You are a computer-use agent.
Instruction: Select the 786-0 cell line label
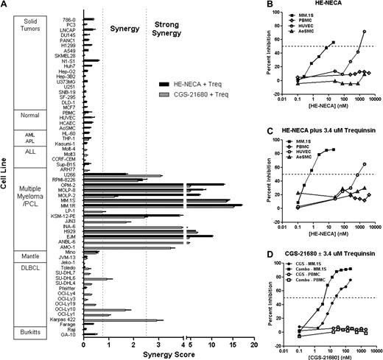(71, 19)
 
